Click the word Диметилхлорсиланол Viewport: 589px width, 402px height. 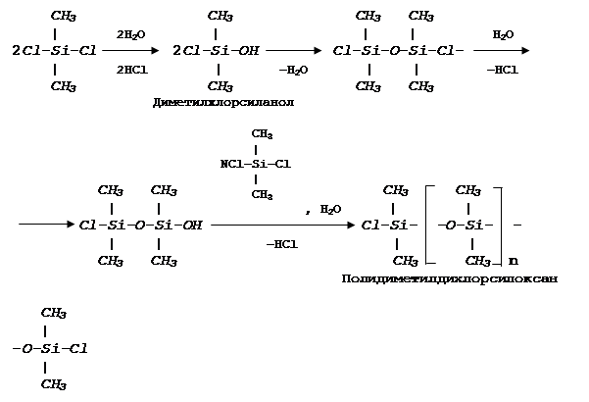pos(224,102)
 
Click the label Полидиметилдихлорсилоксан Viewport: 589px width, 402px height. pos(450,279)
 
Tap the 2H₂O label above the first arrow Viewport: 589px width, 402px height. pos(130,34)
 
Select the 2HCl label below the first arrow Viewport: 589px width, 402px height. pos(130,70)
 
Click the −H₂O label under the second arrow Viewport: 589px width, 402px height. pos(292,70)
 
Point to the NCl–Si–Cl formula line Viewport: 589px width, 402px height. pos(255,164)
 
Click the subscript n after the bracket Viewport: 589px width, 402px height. pos(514,261)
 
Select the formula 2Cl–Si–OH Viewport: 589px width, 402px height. pos(215,51)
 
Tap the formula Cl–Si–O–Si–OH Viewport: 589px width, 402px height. pos(140,226)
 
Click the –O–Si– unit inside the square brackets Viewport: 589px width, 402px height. pos(469,226)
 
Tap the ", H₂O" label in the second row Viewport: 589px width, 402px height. pos(322,208)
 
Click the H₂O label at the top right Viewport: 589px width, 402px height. pos(503,34)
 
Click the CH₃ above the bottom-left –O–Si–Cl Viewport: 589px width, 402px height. pos(53,313)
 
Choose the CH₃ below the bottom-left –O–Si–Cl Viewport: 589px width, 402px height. pos(53,383)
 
